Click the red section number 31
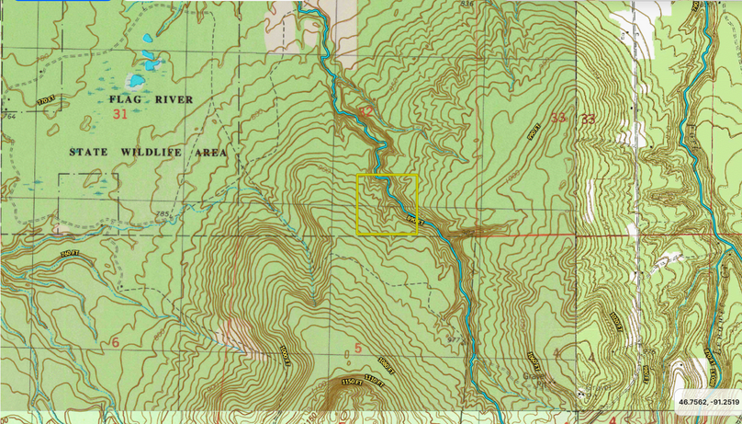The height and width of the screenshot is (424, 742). [119, 114]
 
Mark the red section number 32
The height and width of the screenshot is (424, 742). [365, 112]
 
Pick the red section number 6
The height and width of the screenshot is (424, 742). [115, 342]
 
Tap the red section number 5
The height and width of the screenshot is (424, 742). [358, 348]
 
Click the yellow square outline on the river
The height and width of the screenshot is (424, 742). [387, 204]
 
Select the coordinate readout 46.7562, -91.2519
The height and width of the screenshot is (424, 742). [708, 402]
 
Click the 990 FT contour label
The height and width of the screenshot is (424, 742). [534, 132]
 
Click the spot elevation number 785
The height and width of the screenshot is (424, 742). [163, 215]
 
